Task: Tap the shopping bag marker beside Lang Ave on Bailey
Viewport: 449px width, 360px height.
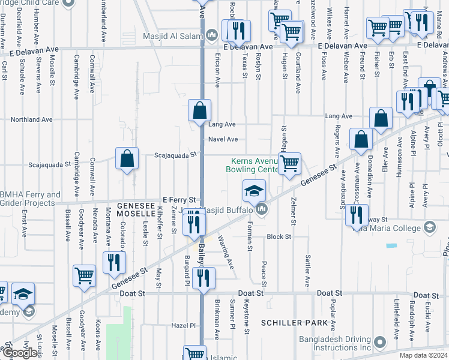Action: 199,110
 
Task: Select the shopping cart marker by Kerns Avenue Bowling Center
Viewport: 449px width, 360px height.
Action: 289,163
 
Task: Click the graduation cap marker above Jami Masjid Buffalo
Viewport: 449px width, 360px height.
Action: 254,191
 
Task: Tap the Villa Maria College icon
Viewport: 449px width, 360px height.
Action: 429,227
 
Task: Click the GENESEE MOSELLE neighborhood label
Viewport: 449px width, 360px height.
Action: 136,209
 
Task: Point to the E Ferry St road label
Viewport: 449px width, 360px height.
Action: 179,199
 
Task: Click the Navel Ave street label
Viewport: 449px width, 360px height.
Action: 223,139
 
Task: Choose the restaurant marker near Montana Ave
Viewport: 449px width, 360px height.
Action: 112,263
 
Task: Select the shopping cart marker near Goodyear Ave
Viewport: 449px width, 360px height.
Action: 84,276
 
